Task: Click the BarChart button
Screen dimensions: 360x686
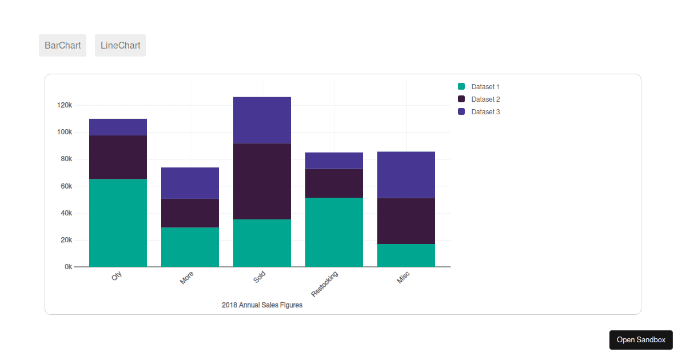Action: click(x=62, y=46)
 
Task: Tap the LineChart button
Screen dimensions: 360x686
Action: click(x=120, y=46)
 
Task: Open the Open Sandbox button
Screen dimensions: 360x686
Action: click(x=641, y=339)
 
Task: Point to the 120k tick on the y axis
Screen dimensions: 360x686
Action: click(x=64, y=105)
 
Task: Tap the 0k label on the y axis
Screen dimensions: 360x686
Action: click(x=67, y=267)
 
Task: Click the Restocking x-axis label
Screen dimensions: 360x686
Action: click(x=325, y=283)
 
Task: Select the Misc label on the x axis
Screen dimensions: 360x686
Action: click(x=404, y=278)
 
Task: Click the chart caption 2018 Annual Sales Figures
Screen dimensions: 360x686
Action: click(x=262, y=305)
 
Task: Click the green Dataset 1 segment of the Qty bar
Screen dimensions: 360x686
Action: click(x=118, y=223)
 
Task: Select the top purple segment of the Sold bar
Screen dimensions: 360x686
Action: click(x=262, y=120)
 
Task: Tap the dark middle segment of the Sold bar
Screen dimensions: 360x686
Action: click(x=262, y=181)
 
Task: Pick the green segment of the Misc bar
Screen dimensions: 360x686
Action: click(x=406, y=255)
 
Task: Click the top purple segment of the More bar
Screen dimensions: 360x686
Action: click(x=190, y=183)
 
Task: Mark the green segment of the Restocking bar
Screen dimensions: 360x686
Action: click(x=334, y=232)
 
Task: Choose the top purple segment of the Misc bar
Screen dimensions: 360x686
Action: click(x=406, y=175)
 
